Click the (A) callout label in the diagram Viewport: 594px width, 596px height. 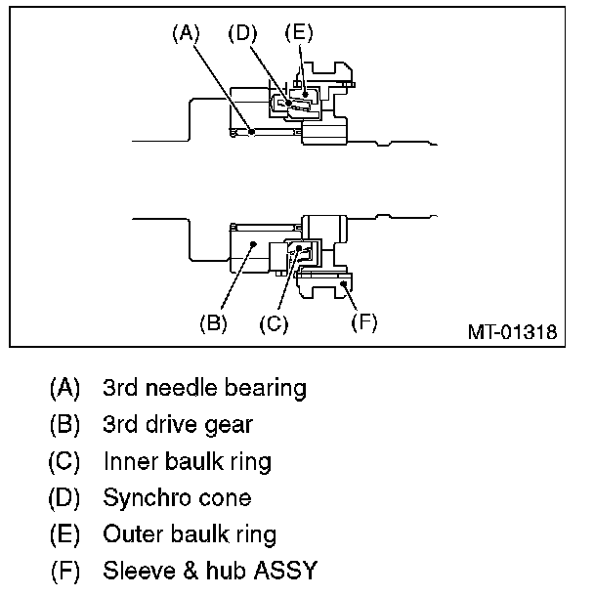[186, 33]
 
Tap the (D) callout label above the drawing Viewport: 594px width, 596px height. [242, 33]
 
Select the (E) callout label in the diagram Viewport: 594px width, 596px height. [299, 32]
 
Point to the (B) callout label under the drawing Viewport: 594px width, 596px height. [214, 323]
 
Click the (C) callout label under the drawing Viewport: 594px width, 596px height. [274, 324]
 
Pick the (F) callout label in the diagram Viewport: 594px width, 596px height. [364, 322]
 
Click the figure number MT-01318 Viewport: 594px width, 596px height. [513, 332]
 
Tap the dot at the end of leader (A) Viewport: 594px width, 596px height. [251, 132]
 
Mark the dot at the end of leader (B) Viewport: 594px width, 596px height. [254, 243]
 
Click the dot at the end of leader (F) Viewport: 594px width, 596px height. [343, 283]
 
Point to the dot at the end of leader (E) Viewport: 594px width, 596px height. [305, 94]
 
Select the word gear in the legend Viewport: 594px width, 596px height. [229, 425]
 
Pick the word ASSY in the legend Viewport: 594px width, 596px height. [286, 571]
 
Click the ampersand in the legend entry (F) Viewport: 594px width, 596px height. [191, 571]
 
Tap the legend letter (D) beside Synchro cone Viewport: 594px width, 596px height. [64, 498]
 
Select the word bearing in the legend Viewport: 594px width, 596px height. [266, 389]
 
